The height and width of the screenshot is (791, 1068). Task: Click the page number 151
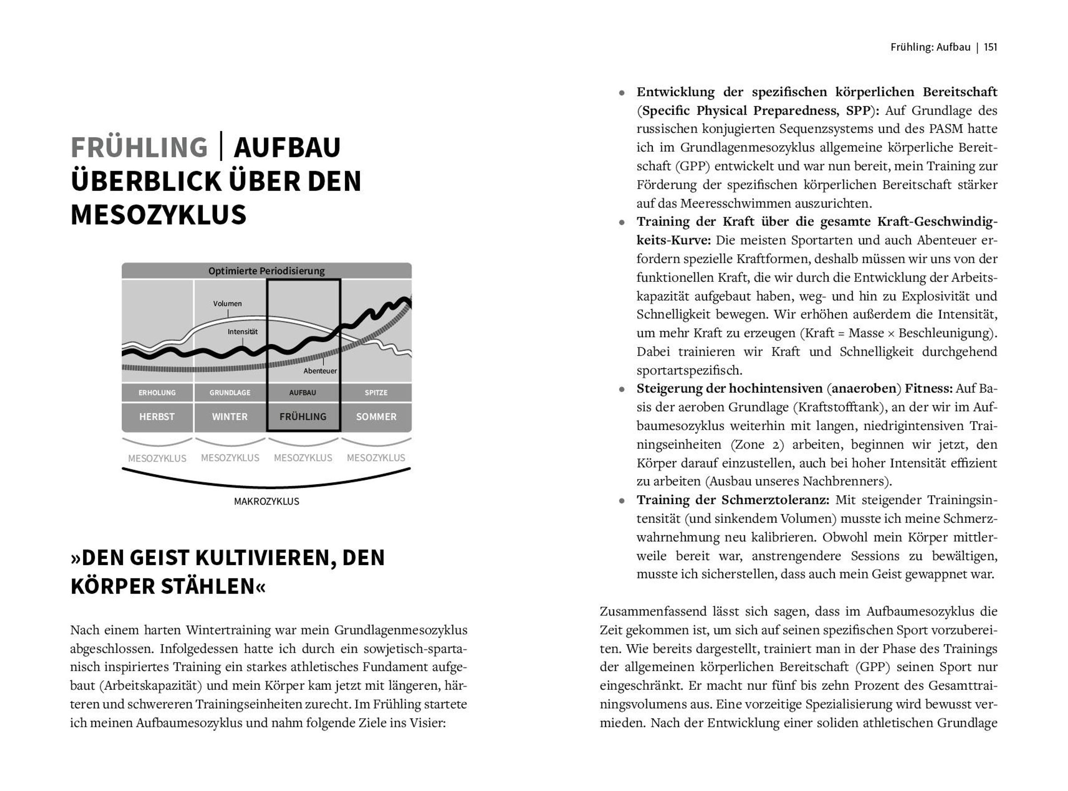[x=991, y=47]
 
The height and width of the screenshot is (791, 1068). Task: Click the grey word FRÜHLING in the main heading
[x=139, y=147]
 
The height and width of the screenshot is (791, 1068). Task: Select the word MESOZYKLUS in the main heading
[x=158, y=215]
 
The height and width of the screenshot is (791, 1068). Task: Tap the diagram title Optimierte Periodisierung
[x=267, y=271]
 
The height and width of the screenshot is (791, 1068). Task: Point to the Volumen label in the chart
[x=227, y=304]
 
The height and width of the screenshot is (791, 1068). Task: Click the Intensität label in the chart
[x=243, y=331]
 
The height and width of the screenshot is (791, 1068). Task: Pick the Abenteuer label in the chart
[x=320, y=371]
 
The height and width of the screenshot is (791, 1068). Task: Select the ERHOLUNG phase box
[x=157, y=393]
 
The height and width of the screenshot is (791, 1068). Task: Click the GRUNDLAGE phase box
[x=230, y=393]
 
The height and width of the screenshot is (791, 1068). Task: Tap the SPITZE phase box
[x=376, y=393]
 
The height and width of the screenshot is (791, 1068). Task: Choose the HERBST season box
[x=157, y=417]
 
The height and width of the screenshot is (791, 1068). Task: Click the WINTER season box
[x=230, y=417]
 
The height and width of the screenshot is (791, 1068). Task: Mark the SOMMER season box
[x=376, y=417]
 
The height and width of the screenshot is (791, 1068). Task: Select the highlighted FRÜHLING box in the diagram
[x=303, y=417]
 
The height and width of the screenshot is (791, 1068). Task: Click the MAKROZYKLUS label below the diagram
[x=267, y=501]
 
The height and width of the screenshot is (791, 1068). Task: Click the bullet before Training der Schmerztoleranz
[x=622, y=501]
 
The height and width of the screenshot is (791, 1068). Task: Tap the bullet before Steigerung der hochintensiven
[x=622, y=389]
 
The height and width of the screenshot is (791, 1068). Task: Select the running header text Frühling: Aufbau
[x=930, y=47]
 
